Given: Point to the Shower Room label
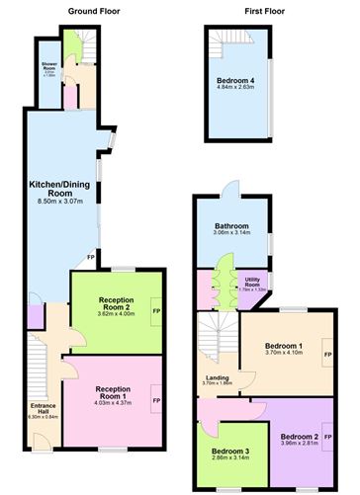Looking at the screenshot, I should click(47, 66).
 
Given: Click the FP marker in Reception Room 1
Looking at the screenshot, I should click(156, 400).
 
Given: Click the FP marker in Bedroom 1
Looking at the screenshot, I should click(327, 353).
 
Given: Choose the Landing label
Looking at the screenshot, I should click(219, 377).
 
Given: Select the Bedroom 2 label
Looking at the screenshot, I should click(299, 436).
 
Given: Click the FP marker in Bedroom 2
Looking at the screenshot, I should click(327, 436).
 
